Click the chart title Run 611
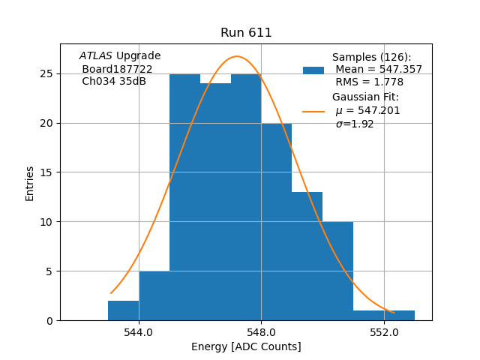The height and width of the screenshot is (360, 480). [x=246, y=33]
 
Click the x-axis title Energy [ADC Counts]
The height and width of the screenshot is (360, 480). [x=246, y=346]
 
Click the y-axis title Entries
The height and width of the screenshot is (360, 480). [x=30, y=183]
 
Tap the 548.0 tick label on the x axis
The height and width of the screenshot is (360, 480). [x=261, y=331]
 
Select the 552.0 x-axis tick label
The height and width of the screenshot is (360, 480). [x=384, y=331]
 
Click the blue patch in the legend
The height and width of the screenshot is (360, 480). [x=313, y=70]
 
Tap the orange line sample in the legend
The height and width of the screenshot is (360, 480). [x=313, y=111]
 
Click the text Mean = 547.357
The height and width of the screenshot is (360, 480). [x=379, y=70]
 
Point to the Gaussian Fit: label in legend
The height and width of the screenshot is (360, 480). [x=365, y=97]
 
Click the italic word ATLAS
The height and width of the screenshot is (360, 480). [x=95, y=56]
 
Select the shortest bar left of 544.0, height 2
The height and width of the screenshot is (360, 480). [x=123, y=310]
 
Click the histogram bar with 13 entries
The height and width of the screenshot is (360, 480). [x=307, y=256]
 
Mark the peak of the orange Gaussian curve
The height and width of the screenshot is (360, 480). [x=237, y=56]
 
